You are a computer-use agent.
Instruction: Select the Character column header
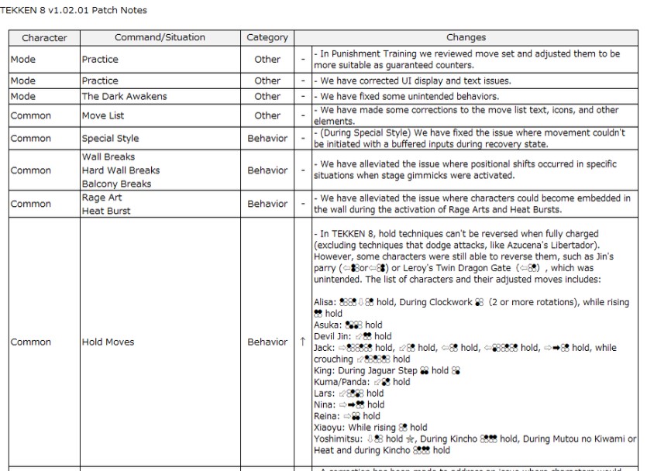44,37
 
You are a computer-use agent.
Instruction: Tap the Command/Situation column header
160,37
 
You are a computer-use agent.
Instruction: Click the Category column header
267,37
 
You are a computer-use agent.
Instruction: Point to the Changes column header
466,37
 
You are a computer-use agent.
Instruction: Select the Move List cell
105,115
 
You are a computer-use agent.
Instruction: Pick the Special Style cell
111,139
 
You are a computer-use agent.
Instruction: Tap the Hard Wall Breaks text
121,170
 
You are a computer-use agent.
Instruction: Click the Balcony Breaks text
117,184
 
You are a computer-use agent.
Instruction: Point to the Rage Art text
102,198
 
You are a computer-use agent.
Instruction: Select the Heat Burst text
105,211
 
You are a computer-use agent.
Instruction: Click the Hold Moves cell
108,342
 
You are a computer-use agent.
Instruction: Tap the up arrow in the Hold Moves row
303,342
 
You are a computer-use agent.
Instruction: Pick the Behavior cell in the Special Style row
267,139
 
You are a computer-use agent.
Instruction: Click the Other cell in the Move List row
267,115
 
